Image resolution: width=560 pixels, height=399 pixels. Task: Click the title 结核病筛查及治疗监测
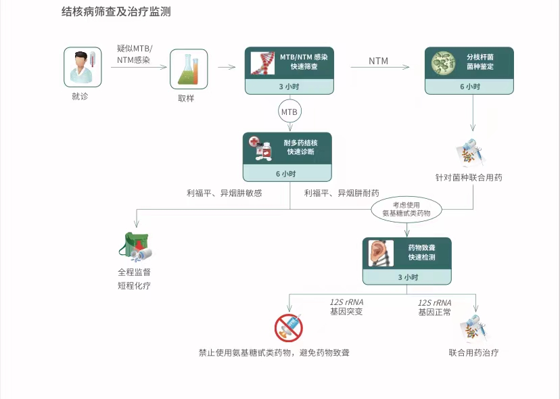[x=120, y=12]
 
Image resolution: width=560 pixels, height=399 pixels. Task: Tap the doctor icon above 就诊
[x=83, y=67]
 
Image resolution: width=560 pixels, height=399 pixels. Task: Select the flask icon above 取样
[x=188, y=69]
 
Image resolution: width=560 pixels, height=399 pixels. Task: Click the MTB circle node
[x=289, y=110]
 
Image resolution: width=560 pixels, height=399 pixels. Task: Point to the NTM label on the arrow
[x=379, y=62]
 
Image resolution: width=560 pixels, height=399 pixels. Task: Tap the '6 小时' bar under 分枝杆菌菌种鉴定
[x=469, y=87]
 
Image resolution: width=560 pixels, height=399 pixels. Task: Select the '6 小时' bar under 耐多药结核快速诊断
[x=287, y=174]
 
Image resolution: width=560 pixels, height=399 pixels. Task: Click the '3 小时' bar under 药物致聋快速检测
[x=406, y=277]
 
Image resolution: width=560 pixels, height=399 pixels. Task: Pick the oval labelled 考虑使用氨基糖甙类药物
[x=406, y=208]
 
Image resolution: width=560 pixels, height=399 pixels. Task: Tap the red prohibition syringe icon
[x=289, y=328]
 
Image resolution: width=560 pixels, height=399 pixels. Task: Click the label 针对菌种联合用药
[x=469, y=178]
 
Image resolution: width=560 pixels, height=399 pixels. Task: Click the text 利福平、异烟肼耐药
[x=342, y=193]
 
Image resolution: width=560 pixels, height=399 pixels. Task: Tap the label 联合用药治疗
[x=473, y=352]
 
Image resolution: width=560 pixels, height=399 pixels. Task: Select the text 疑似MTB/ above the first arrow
[x=135, y=48]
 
